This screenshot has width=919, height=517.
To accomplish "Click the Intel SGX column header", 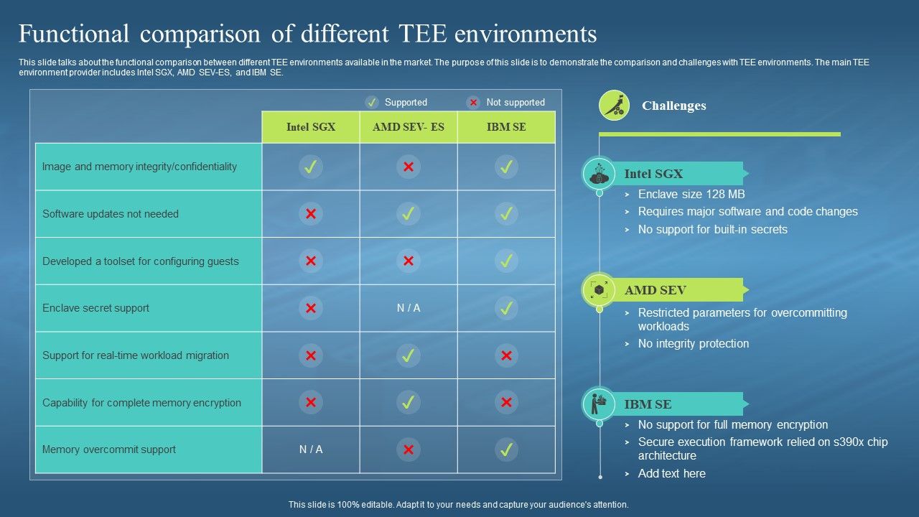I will (311, 127).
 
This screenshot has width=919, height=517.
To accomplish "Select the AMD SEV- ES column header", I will (409, 127).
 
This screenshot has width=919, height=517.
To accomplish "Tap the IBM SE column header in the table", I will (506, 127).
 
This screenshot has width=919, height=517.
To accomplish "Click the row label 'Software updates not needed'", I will (111, 214).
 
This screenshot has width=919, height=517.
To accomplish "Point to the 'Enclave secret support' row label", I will (95, 308).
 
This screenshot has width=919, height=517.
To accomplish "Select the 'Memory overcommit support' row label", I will (109, 450).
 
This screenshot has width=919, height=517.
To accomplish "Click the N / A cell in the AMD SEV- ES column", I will (409, 308).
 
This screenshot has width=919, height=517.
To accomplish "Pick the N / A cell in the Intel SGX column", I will (311, 450).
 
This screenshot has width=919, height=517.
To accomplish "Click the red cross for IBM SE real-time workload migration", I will (506, 355).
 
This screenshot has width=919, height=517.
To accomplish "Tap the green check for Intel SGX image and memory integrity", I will (311, 167).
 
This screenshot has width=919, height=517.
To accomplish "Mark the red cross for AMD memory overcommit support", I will (409, 450).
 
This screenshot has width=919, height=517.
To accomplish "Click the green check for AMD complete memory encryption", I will (409, 403).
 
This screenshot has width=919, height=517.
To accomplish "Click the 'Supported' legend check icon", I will (372, 102).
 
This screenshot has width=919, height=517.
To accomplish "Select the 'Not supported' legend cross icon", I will (473, 102).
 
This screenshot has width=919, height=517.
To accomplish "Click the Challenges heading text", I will (673, 106).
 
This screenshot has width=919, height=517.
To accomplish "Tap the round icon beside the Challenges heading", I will (614, 106).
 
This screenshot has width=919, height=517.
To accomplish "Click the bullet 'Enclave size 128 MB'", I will (691, 194).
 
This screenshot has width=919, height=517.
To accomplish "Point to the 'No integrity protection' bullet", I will (693, 343).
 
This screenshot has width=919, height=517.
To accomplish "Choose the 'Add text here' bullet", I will (671, 473).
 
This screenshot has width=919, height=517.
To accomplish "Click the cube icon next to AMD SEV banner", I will (599, 290).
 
